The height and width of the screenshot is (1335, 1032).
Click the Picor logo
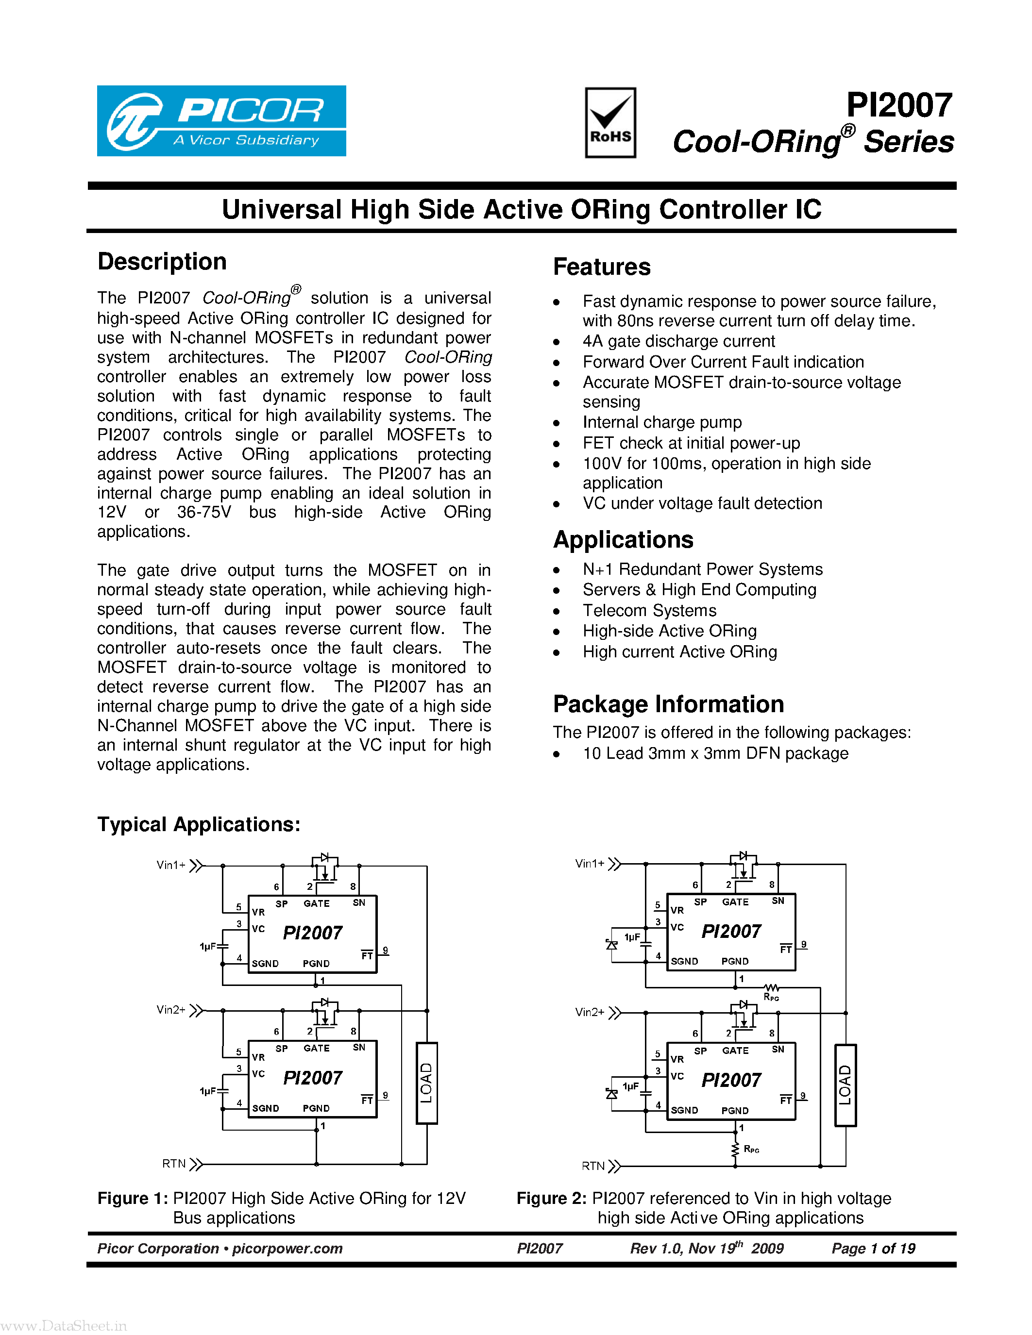click(x=221, y=121)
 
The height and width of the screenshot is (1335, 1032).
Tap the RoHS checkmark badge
click(x=610, y=123)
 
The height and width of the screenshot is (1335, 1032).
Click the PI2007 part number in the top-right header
click(x=899, y=105)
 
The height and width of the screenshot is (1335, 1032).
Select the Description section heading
click(x=162, y=262)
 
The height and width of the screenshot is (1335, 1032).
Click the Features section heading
click(x=602, y=267)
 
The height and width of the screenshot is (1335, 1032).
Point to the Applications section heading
click(x=623, y=540)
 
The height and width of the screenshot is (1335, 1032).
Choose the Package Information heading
click(x=668, y=704)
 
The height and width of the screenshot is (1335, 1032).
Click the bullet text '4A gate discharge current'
click(x=678, y=341)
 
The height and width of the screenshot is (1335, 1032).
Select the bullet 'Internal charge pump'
click(x=662, y=422)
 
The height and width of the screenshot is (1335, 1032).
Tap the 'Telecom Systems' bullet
click(x=649, y=611)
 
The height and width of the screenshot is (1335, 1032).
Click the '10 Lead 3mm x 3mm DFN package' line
click(x=715, y=754)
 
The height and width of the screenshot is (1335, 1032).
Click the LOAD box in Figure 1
click(x=427, y=1083)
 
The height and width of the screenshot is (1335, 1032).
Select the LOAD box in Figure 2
click(x=846, y=1085)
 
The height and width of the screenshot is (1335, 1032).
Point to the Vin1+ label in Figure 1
click(x=171, y=865)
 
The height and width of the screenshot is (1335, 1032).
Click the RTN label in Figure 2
click(x=593, y=1166)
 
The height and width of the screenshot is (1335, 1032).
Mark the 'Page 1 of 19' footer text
click(x=873, y=1248)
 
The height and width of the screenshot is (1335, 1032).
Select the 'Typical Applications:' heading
click(x=199, y=825)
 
